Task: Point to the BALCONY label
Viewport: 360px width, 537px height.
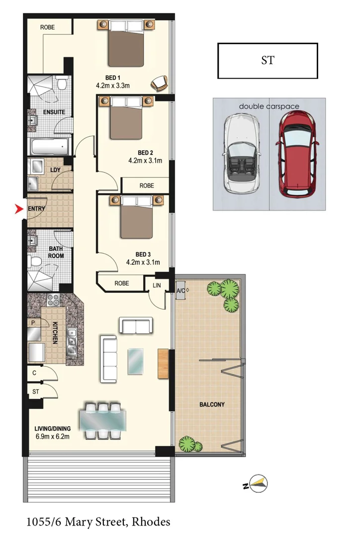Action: click(x=212, y=405)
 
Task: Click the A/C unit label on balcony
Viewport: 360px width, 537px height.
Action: click(x=182, y=290)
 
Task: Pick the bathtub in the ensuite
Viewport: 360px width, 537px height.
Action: click(x=49, y=147)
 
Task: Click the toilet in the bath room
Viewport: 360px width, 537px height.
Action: click(x=34, y=261)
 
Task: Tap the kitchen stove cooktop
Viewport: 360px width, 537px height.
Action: click(x=53, y=300)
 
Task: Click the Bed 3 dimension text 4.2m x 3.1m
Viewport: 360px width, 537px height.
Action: click(x=143, y=262)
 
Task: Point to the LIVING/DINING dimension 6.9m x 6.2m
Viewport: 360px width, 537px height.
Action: click(x=52, y=437)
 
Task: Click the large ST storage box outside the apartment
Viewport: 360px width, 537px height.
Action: click(x=268, y=61)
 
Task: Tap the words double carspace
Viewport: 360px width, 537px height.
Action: click(x=269, y=106)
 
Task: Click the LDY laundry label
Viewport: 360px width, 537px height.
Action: click(x=56, y=170)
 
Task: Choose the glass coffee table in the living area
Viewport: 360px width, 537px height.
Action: click(x=136, y=360)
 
